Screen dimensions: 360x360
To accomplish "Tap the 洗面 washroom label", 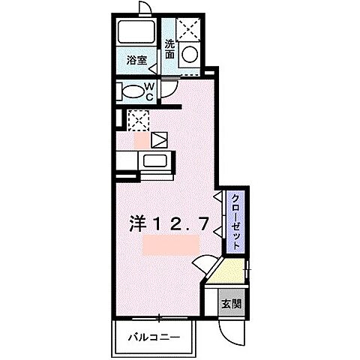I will click(x=170, y=49).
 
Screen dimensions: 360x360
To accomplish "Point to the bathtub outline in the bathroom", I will click(x=135, y=32).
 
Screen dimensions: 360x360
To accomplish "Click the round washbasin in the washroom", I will click(x=190, y=54).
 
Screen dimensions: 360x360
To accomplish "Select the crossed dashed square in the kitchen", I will click(x=137, y=119).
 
